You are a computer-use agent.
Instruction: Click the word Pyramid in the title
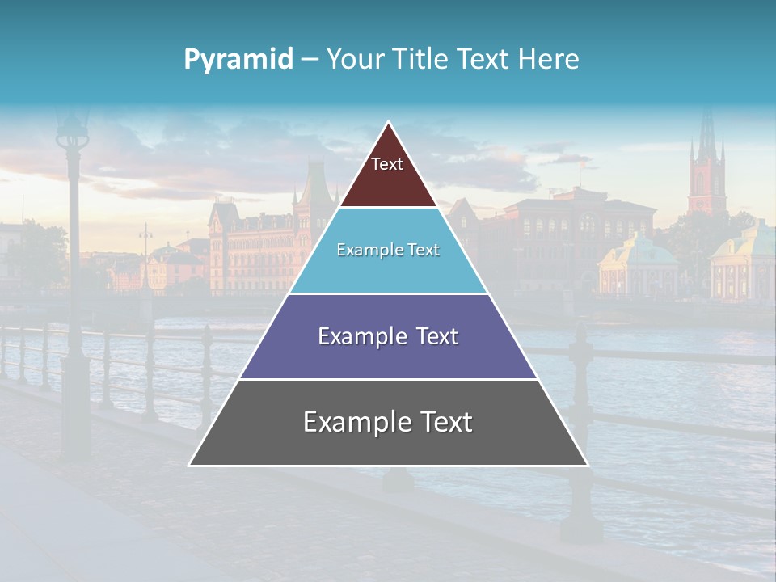click(x=238, y=60)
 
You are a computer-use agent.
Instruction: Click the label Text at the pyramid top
click(x=387, y=164)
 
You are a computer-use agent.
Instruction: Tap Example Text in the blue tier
click(x=388, y=250)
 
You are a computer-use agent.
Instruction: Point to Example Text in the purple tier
click(x=388, y=336)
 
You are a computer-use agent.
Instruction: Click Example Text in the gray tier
click(x=388, y=422)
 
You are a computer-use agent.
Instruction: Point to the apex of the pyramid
click(x=389, y=124)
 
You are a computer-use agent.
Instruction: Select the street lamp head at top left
click(x=73, y=129)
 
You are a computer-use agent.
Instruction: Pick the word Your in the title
click(x=353, y=60)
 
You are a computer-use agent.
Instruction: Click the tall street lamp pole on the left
click(x=75, y=323)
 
